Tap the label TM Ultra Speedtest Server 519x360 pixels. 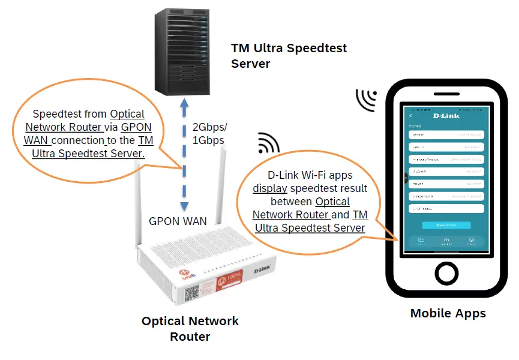tap(289, 55)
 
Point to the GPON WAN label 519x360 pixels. tap(178, 221)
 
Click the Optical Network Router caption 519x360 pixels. tap(190, 329)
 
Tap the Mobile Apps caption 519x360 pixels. tap(448, 313)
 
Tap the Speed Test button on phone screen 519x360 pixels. tap(446, 225)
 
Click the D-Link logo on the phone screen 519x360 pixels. tap(446, 115)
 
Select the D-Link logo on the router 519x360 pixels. tap(264, 272)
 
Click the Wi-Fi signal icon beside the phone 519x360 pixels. tap(365, 100)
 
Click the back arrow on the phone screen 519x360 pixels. tap(410, 115)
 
